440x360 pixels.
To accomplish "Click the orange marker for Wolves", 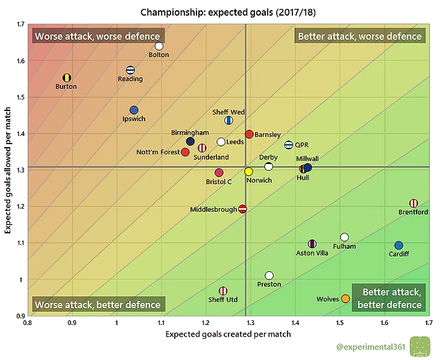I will click(x=345, y=298).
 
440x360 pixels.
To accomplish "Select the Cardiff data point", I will click(x=398, y=245).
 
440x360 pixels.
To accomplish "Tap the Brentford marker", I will click(x=413, y=203).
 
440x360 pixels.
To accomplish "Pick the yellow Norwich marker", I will click(x=248, y=172).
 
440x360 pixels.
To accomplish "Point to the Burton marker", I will click(x=67, y=78).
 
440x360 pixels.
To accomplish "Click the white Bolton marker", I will click(x=159, y=46).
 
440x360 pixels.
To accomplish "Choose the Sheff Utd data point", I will click(x=223, y=291).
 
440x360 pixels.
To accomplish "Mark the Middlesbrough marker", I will click(x=242, y=209).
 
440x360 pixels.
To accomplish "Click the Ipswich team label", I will click(x=134, y=119).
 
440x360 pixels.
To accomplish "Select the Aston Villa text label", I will click(x=312, y=253).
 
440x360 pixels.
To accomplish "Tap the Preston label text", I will click(x=269, y=285).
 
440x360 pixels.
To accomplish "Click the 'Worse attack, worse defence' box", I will click(x=97, y=36).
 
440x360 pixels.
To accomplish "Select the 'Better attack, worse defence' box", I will click(x=360, y=36).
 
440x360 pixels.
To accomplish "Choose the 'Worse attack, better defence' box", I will click(x=98, y=305).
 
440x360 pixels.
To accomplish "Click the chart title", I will click(x=219, y=11).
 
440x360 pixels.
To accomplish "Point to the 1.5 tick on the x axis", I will click(x=339, y=323).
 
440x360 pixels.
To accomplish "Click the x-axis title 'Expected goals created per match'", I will click(x=228, y=334).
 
